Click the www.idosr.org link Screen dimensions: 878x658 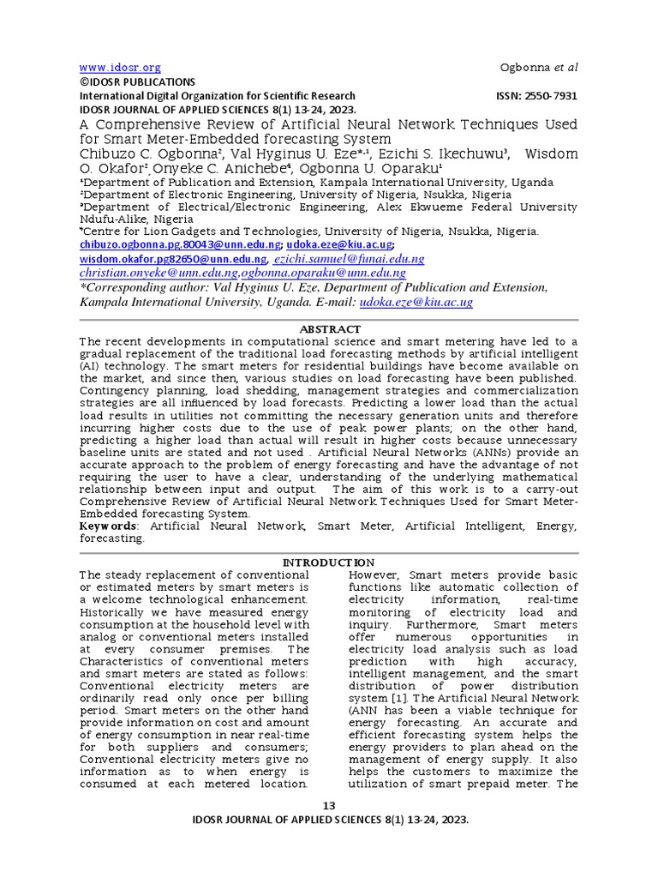pos(120,68)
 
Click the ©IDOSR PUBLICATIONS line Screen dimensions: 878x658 pos(137,82)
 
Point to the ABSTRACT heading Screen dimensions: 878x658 pos(329,329)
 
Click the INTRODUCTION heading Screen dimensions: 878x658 pos(329,562)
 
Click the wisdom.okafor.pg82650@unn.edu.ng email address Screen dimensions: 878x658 pos(173,259)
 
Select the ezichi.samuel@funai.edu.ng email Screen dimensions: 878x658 pos(350,259)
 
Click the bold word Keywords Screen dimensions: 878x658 pos(108,525)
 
